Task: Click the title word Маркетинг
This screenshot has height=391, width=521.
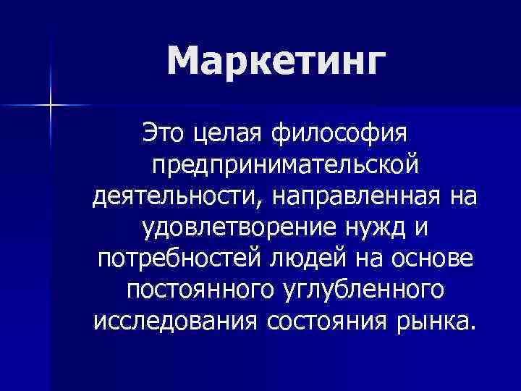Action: (273, 64)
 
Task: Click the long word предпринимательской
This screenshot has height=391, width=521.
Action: (284, 166)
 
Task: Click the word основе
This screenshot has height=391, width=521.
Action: (437, 261)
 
